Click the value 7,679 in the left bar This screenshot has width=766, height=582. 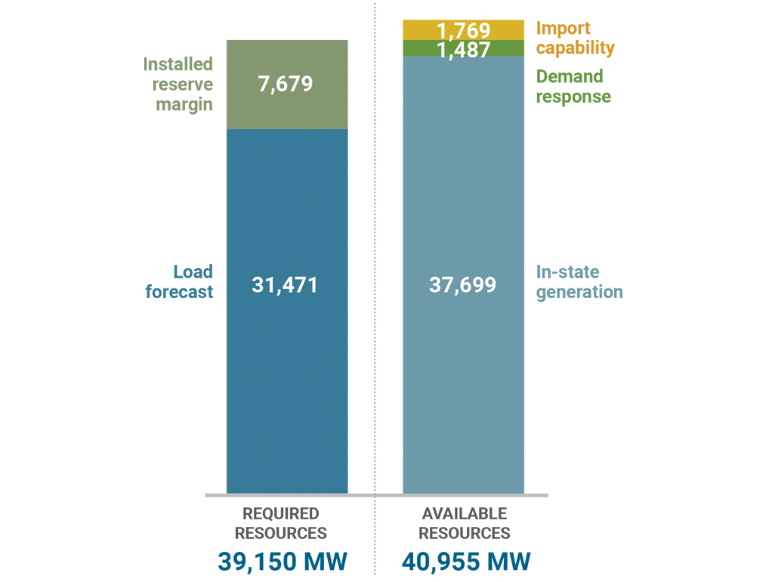(285, 84)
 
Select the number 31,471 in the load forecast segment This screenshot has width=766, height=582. (285, 285)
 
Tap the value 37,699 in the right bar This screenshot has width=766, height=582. (462, 285)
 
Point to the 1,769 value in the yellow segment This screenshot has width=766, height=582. (463, 31)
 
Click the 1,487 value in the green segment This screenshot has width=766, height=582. (463, 50)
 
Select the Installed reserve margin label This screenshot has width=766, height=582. (178, 84)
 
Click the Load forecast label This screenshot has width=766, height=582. (180, 282)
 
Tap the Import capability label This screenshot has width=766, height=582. (575, 38)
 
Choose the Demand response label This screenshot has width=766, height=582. (573, 86)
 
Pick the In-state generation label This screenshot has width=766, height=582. (579, 282)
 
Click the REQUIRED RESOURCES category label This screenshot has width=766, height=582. (280, 523)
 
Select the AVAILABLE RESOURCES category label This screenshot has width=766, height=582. (464, 523)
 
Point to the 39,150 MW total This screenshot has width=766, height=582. (283, 562)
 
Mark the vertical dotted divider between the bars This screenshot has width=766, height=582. (375, 226)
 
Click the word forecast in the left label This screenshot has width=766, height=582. (180, 292)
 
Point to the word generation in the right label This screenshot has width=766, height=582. (579, 292)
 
